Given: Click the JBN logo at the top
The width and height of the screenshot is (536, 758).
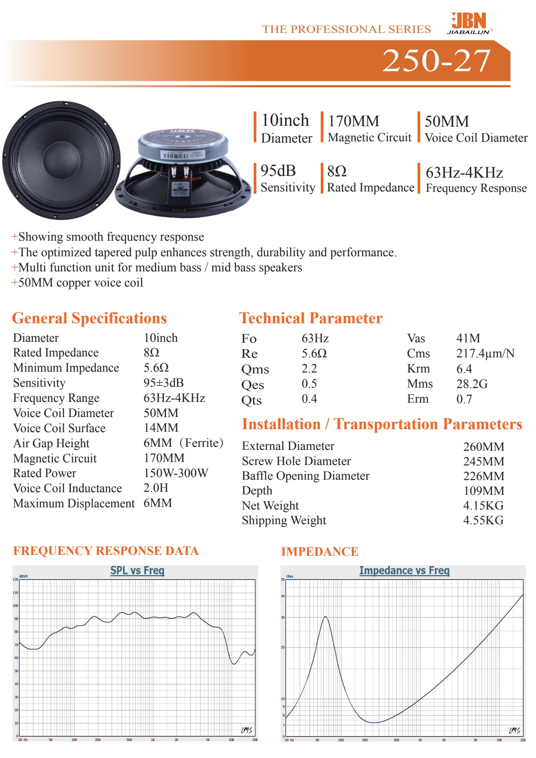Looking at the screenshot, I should (469, 23).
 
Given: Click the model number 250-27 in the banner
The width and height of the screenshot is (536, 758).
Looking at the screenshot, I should (437, 61).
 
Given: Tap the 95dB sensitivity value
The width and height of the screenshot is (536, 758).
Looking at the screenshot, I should (278, 171).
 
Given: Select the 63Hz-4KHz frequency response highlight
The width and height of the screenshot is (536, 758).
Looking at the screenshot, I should (464, 173).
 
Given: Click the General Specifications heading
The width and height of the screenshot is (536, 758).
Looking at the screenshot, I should (89, 318).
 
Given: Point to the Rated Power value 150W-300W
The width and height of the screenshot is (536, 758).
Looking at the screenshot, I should (175, 473).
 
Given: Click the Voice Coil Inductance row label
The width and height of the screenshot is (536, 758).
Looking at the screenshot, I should (67, 488).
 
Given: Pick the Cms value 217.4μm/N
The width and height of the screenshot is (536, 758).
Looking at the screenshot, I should (485, 354).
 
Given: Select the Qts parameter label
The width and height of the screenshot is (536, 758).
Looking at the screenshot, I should (251, 400).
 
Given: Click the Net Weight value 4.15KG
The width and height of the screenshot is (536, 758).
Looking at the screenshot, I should (483, 506).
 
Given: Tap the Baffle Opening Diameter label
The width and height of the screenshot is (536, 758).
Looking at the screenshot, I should (306, 476).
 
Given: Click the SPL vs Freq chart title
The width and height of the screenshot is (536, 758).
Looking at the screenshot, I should (137, 570).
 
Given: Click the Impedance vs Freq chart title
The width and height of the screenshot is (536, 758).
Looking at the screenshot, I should (404, 571).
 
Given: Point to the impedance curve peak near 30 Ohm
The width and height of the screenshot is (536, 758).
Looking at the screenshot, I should (325, 617).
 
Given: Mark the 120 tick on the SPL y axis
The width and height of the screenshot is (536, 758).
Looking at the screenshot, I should (16, 580).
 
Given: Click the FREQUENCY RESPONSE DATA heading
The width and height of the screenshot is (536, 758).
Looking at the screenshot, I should (106, 551).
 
